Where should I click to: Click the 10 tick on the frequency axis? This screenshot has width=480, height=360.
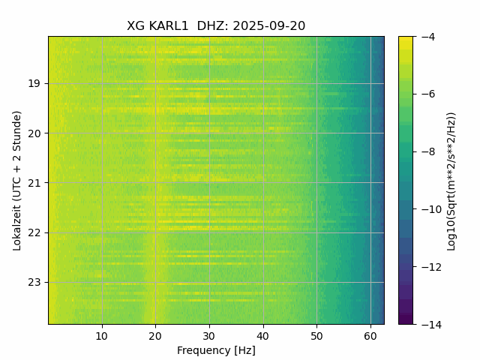coord(102,335)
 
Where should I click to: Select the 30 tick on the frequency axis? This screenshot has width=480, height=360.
coord(209,335)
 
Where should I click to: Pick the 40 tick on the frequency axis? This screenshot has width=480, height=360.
coord(262,335)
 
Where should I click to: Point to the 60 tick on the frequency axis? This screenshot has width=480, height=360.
coord(370,335)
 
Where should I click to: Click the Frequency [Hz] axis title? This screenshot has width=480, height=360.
coord(216,350)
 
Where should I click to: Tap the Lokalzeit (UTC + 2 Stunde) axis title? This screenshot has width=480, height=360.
coord(17,180)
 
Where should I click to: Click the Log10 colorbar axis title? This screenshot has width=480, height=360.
coord(451,180)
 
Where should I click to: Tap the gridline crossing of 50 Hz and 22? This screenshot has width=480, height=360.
coord(316,232)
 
